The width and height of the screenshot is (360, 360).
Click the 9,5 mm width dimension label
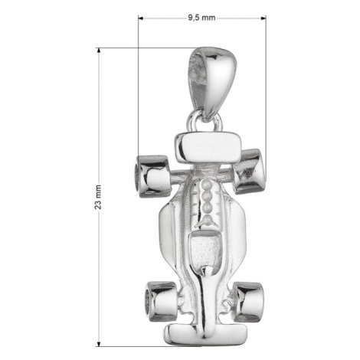click(201, 18)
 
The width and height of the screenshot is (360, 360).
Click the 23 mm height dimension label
click(98, 197)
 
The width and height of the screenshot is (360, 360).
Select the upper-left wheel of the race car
click(152, 176)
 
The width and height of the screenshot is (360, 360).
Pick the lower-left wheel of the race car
click(162, 301)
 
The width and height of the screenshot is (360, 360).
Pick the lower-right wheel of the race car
click(249, 302)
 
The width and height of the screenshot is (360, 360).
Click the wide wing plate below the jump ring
click(208, 148)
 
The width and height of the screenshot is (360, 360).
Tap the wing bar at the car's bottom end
click(206, 335)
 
